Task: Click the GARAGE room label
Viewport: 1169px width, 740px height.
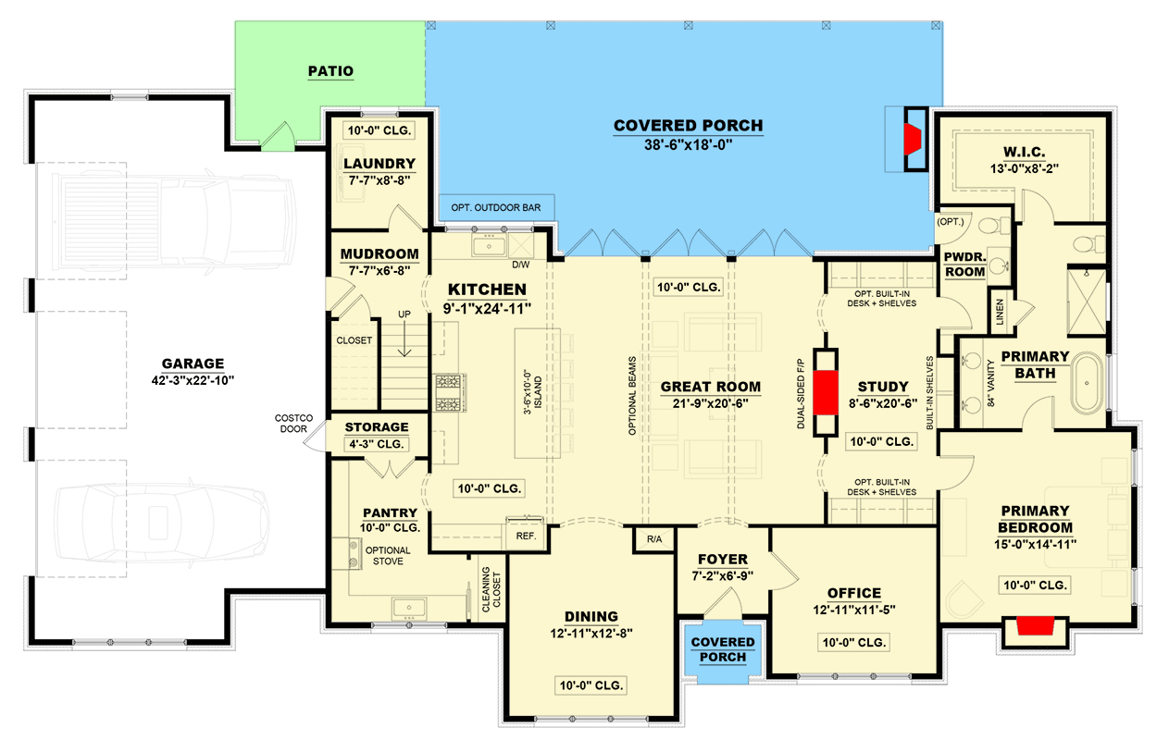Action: click(x=192, y=364)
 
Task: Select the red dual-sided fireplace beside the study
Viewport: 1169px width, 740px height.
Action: click(x=825, y=390)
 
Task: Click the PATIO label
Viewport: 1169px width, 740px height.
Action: click(x=330, y=71)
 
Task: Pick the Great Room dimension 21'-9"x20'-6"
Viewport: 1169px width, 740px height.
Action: click(x=710, y=404)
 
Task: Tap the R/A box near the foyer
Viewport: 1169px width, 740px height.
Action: click(x=654, y=538)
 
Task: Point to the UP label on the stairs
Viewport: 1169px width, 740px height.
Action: click(x=404, y=314)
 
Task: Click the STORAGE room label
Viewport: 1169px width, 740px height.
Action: click(x=377, y=427)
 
